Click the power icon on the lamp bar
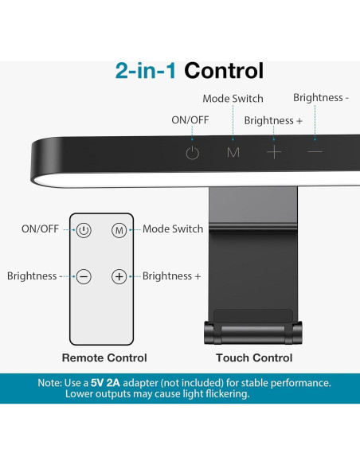[x=193, y=153]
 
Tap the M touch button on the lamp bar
[x=233, y=152]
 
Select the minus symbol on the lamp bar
[x=315, y=151]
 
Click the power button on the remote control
[x=84, y=229]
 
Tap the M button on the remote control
[x=119, y=229]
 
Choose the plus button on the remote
[x=119, y=276]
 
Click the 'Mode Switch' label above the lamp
[x=233, y=99]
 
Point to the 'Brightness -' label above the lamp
[x=321, y=98]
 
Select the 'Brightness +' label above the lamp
[x=273, y=120]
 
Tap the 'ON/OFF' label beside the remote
[x=40, y=229]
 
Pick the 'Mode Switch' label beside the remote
[x=173, y=229]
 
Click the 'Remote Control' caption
[x=104, y=358]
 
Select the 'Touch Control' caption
[x=254, y=358]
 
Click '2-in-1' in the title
[x=147, y=71]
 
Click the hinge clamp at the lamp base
[x=253, y=331]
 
